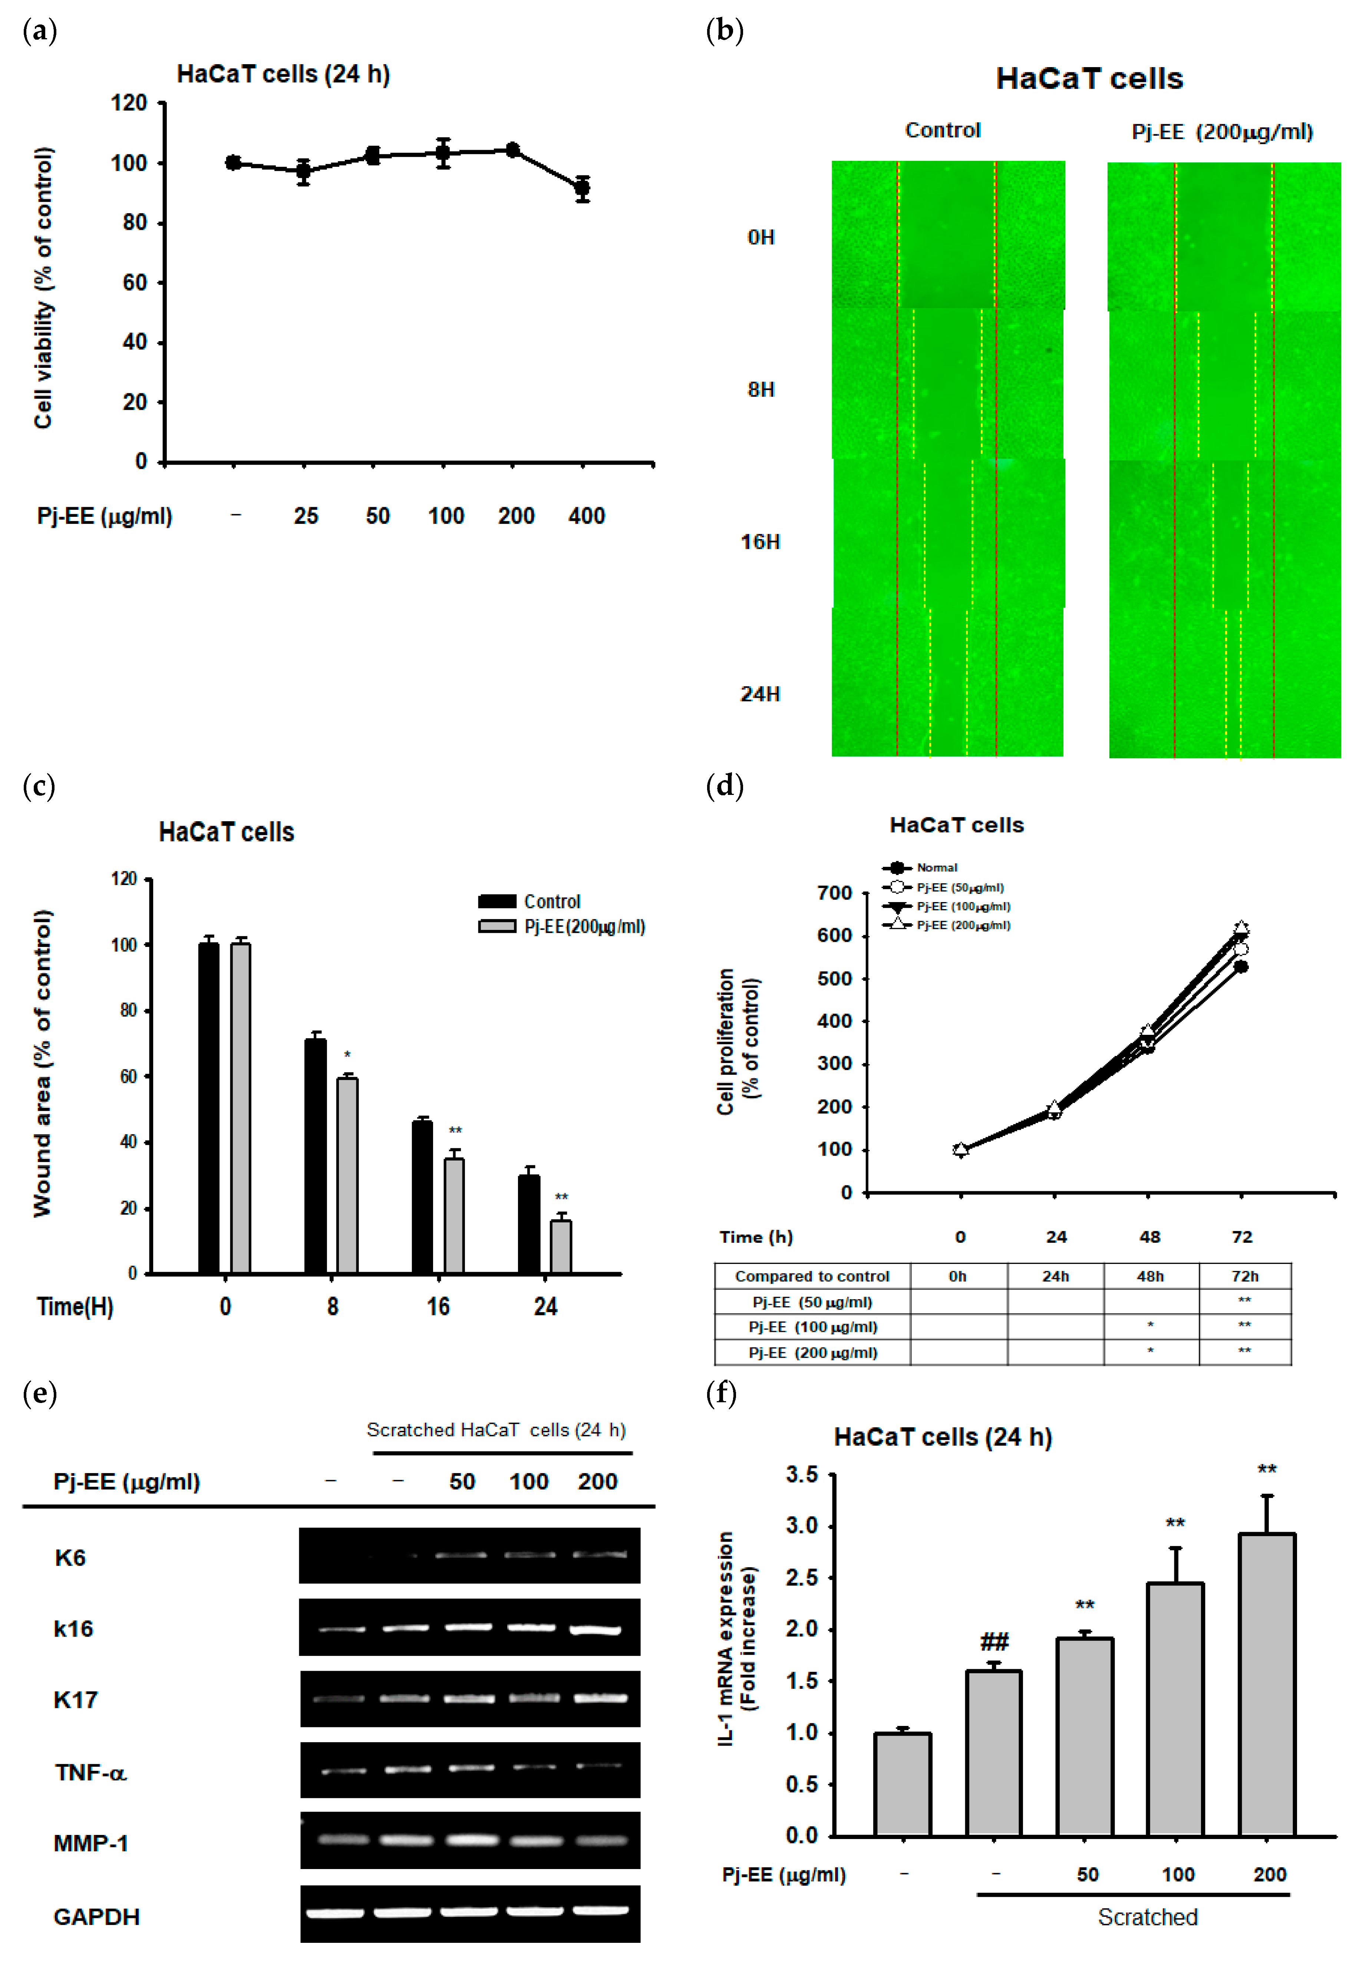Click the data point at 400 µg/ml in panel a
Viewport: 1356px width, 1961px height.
click(x=582, y=188)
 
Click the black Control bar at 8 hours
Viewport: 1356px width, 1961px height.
click(x=315, y=1156)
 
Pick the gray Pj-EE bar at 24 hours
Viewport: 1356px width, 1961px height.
click(x=561, y=1247)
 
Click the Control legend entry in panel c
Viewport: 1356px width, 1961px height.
click(x=529, y=901)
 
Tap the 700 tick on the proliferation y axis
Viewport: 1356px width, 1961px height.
click(x=834, y=893)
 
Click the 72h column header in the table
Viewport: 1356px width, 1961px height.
click(x=1245, y=1276)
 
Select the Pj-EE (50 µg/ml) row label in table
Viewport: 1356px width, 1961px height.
click(x=811, y=1302)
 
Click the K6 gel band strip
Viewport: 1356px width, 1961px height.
click(x=470, y=1555)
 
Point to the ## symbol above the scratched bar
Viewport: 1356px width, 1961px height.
click(x=994, y=1641)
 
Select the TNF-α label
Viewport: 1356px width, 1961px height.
click(x=90, y=1772)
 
